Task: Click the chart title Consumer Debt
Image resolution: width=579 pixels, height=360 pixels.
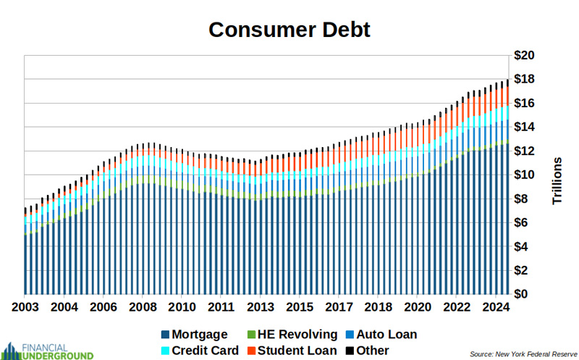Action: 289,29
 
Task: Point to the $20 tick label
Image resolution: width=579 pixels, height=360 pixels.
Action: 525,56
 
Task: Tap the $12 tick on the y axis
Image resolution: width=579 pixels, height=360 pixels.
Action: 525,151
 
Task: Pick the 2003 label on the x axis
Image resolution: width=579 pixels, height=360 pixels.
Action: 26,307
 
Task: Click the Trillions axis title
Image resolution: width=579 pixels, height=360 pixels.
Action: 557,180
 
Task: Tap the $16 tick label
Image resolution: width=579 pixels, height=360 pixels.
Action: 525,104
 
